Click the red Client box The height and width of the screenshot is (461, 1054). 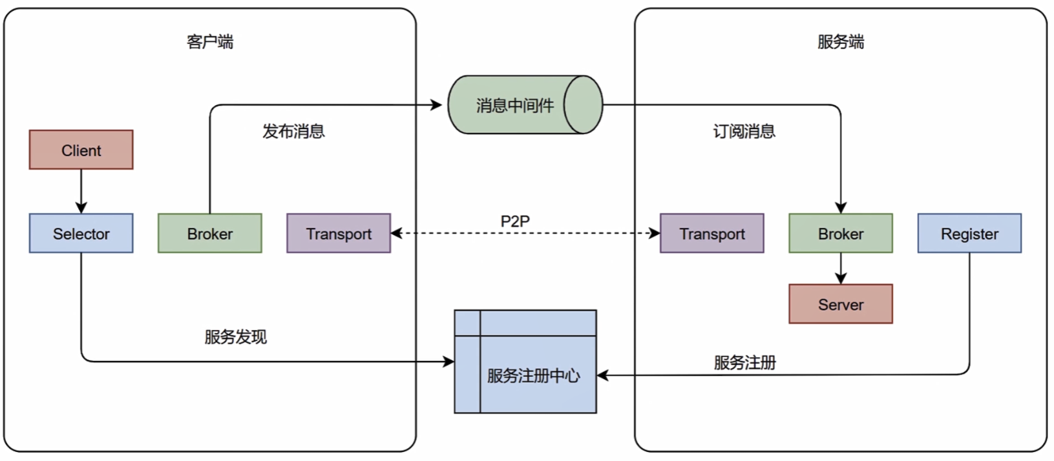click(x=81, y=150)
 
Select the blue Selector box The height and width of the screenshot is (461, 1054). click(x=81, y=233)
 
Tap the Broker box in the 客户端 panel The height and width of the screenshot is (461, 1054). click(x=209, y=233)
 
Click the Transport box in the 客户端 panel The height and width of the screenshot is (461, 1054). click(x=339, y=233)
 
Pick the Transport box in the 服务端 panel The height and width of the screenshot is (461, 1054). click(x=711, y=233)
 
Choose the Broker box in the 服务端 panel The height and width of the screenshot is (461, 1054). click(x=840, y=233)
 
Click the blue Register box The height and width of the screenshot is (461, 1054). click(x=969, y=233)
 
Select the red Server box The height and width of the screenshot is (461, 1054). click(x=840, y=304)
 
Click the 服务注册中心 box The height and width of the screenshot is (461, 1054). click(x=533, y=375)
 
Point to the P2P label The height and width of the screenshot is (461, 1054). click(x=515, y=221)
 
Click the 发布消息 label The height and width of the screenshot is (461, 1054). click(x=293, y=131)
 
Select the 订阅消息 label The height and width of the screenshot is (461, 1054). click(x=744, y=131)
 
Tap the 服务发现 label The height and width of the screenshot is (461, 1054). click(x=235, y=336)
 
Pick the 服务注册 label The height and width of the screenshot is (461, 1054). click(x=744, y=362)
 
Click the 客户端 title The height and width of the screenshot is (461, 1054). click(x=209, y=42)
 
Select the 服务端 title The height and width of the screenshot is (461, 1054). click(x=840, y=42)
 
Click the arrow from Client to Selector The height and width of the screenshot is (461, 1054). click(x=81, y=191)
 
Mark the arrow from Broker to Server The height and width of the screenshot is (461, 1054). click(x=840, y=268)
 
